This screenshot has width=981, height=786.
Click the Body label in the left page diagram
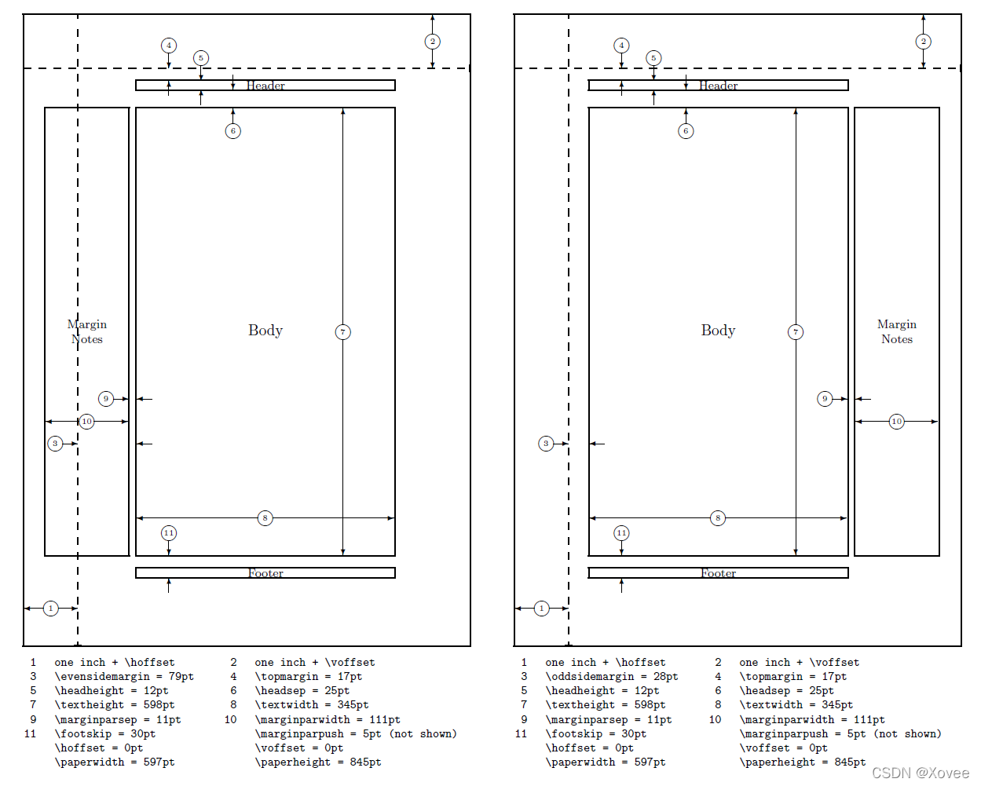click(x=265, y=331)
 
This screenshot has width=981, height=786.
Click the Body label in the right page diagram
click(x=718, y=331)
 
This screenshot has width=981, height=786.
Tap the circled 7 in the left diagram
click(x=342, y=332)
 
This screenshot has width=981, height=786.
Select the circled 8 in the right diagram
click(x=718, y=518)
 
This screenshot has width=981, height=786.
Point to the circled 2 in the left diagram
click(x=432, y=42)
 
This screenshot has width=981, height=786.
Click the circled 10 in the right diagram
click(x=896, y=422)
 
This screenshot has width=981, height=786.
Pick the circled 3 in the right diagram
click(x=546, y=444)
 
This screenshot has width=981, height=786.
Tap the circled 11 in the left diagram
click(x=169, y=533)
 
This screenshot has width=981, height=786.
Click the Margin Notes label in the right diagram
click(x=896, y=331)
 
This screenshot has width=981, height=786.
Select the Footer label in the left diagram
click(x=265, y=573)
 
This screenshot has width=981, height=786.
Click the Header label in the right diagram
click(x=718, y=86)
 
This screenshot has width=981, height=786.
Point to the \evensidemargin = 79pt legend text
click(x=124, y=677)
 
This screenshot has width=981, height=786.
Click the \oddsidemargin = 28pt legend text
click(x=612, y=677)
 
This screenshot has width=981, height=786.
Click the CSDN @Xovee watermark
click(x=921, y=773)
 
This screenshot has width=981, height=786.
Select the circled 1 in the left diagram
click(x=51, y=609)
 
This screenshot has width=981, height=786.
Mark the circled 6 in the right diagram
click(x=686, y=131)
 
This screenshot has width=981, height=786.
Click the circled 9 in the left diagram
click(x=106, y=399)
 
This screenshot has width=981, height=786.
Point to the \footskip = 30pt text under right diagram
click(x=596, y=734)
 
